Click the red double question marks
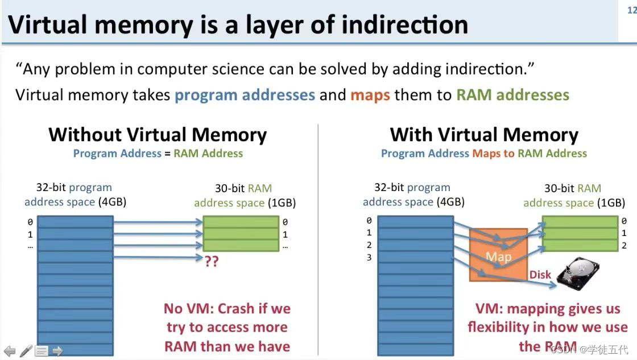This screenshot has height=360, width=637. pyautogui.click(x=211, y=261)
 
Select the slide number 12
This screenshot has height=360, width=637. pyautogui.click(x=631, y=10)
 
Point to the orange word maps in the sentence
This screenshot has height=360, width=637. pyautogui.click(x=370, y=94)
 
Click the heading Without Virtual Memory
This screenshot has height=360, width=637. pyautogui.click(x=158, y=135)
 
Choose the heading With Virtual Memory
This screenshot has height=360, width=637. pyautogui.click(x=484, y=135)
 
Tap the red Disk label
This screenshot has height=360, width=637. pyautogui.click(x=540, y=275)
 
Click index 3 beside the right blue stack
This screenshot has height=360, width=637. pyautogui.click(x=369, y=258)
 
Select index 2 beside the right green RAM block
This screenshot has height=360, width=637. pyautogui.click(x=624, y=246)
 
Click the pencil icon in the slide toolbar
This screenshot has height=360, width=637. pyautogui.click(x=26, y=351)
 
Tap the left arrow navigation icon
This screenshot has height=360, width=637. pyautogui.click(x=10, y=351)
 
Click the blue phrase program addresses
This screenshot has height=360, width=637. pyautogui.click(x=245, y=94)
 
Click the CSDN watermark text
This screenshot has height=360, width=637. pyautogui.click(x=564, y=348)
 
